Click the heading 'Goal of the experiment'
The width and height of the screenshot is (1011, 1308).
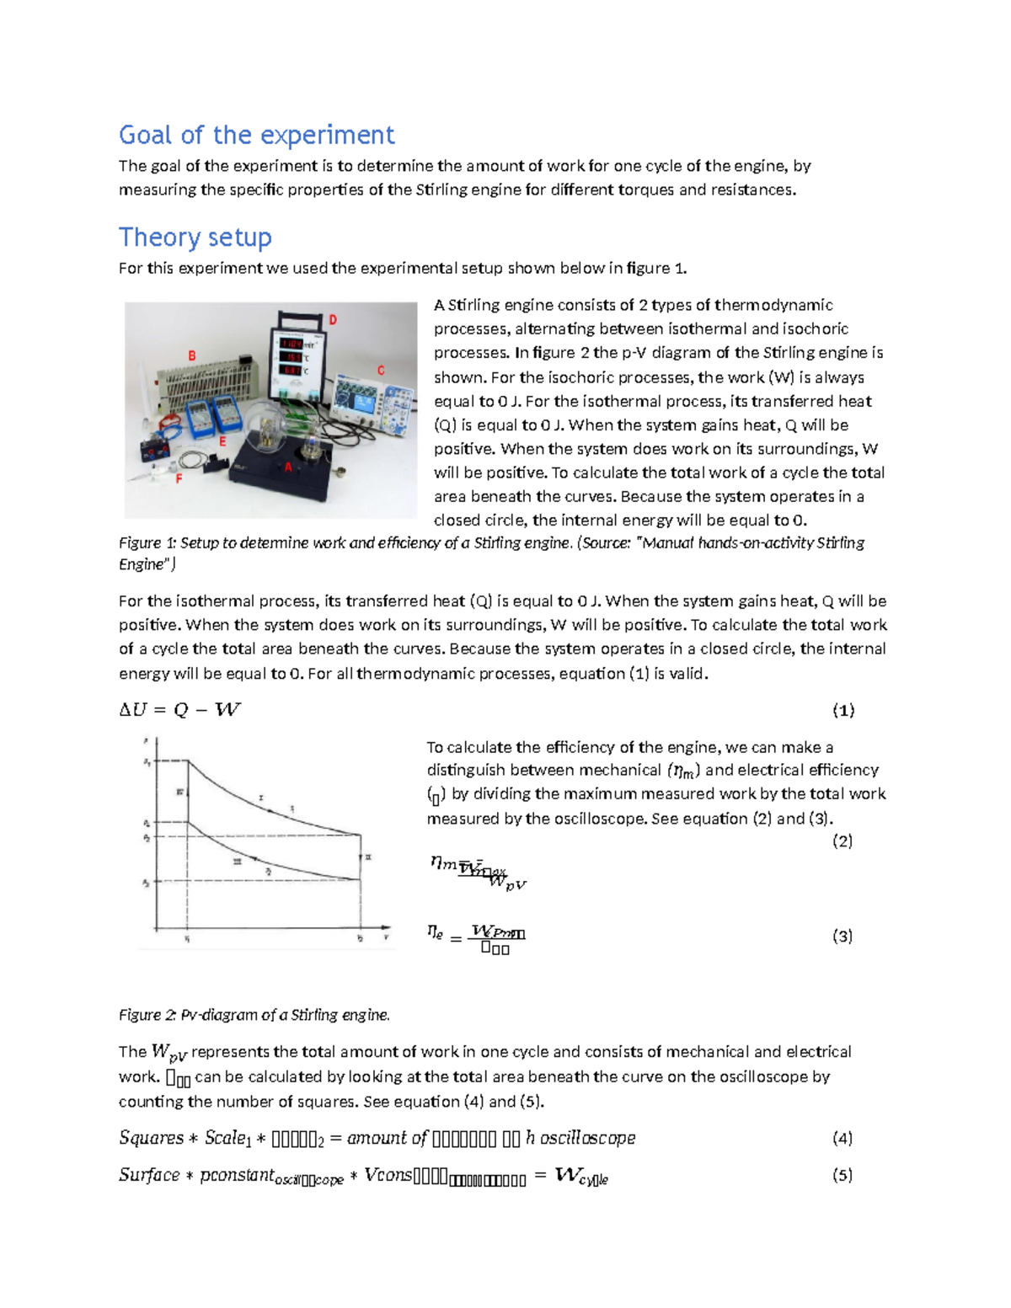(256, 135)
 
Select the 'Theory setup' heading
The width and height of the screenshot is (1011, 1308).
(195, 238)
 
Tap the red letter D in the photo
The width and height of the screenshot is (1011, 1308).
(333, 320)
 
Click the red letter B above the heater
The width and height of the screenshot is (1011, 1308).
(192, 356)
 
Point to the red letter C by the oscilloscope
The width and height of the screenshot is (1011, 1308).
(381, 371)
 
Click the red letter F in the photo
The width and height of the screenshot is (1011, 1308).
(179, 478)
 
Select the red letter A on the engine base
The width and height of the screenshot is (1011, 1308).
(288, 467)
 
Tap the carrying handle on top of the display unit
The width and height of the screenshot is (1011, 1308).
(300, 315)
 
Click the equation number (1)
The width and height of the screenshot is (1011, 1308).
(843, 710)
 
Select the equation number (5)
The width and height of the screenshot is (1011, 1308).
(842, 1175)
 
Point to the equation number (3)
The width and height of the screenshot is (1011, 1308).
(842, 936)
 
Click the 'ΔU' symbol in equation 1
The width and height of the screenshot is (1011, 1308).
(133, 710)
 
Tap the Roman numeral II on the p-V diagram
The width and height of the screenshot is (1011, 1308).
(368, 857)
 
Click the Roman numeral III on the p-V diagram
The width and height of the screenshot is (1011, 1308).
(238, 861)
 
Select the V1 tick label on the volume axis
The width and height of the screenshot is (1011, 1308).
(187, 938)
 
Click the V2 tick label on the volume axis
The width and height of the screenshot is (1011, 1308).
(361, 938)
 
